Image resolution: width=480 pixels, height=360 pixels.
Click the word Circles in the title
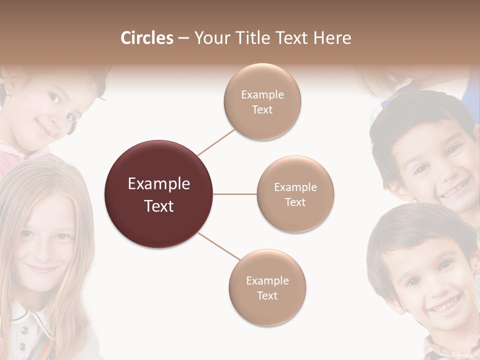[147, 38]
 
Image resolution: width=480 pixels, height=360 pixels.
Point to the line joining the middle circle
[235, 194]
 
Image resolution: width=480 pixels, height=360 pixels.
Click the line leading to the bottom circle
[219, 246]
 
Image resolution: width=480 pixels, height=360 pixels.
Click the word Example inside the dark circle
[159, 184]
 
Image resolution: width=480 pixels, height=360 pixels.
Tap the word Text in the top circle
[262, 110]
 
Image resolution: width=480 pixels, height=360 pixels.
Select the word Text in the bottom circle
[267, 296]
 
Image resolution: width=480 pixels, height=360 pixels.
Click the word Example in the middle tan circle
[295, 187]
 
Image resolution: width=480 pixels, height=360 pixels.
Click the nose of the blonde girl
[42, 250]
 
